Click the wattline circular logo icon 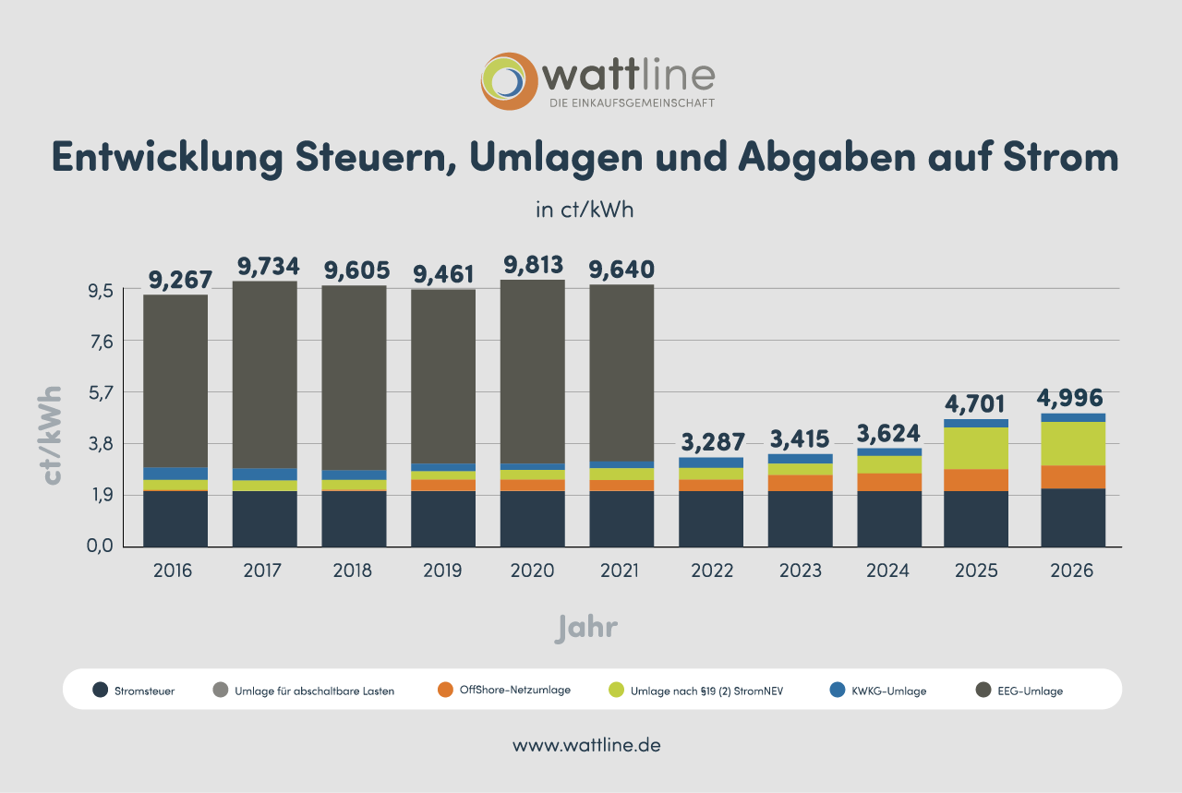coord(509,81)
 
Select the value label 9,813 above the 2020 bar coord(533,265)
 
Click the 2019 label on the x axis coord(442,571)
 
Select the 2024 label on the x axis coord(887,571)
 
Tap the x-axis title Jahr coord(586,628)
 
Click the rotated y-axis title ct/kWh coord(52,435)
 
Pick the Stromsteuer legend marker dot coord(101,690)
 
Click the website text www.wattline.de coord(586,745)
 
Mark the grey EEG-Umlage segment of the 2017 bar coord(264,374)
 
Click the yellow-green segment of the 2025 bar coord(976,448)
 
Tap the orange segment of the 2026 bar coord(1072,476)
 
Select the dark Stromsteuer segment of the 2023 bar coord(800,519)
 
